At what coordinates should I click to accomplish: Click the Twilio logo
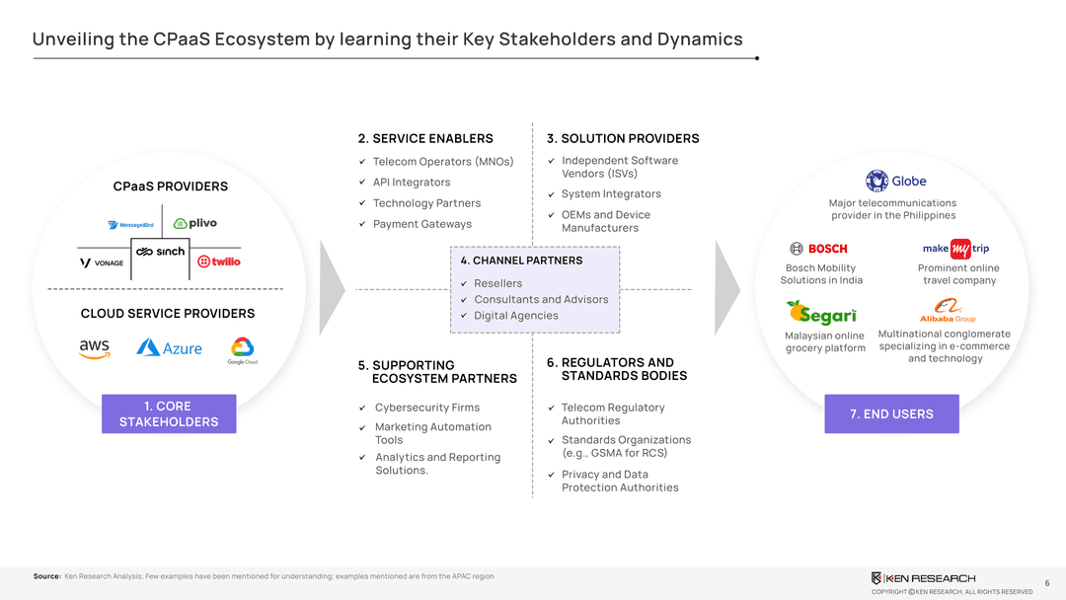coord(219,262)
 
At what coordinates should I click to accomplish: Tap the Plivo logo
coord(195,224)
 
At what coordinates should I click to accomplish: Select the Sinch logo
coord(161,252)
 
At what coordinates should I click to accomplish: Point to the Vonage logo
coord(102,262)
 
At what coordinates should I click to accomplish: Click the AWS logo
coord(95,349)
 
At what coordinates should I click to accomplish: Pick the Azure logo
coord(169,347)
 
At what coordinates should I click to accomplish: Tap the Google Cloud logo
coord(243,350)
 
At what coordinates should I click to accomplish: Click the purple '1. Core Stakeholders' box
coord(169,413)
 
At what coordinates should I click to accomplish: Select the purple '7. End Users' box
coord(891,413)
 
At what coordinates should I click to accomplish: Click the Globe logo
coord(896,181)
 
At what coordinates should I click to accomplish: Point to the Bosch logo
coord(818,249)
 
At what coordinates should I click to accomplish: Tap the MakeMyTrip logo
coord(954,249)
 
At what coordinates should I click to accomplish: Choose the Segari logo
coord(821,313)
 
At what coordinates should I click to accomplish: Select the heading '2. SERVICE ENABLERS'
coord(425,138)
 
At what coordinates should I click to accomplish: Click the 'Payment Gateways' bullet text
coord(421,224)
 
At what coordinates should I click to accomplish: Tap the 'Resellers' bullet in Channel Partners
coord(497,283)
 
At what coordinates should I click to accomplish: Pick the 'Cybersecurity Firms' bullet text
coord(426,408)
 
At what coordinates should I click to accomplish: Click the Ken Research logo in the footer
coord(923,577)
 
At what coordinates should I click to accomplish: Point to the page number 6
coord(1046,583)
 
